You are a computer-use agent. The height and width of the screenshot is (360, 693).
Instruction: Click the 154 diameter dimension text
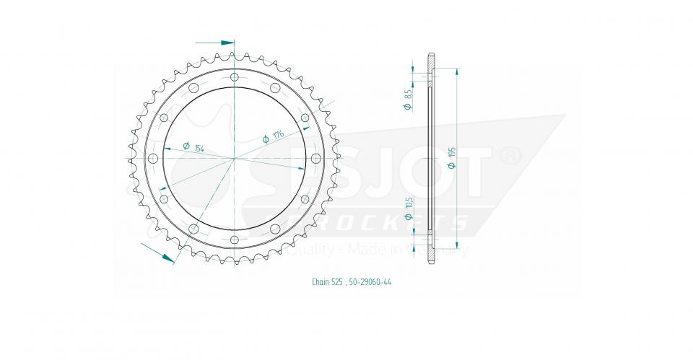[199, 148]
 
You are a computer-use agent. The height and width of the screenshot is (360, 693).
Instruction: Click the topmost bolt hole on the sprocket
[235, 76]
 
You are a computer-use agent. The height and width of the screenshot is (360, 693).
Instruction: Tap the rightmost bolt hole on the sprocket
[316, 158]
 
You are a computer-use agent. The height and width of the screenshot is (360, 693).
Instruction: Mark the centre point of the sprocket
[235, 158]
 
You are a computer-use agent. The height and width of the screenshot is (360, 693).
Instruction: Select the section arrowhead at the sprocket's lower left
[167, 256]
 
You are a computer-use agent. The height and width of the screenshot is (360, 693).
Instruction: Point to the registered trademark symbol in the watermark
[510, 155]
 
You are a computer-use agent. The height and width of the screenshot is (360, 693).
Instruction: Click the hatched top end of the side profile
[431, 61]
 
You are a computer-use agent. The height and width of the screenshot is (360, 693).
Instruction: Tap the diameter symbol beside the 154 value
[186, 145]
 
